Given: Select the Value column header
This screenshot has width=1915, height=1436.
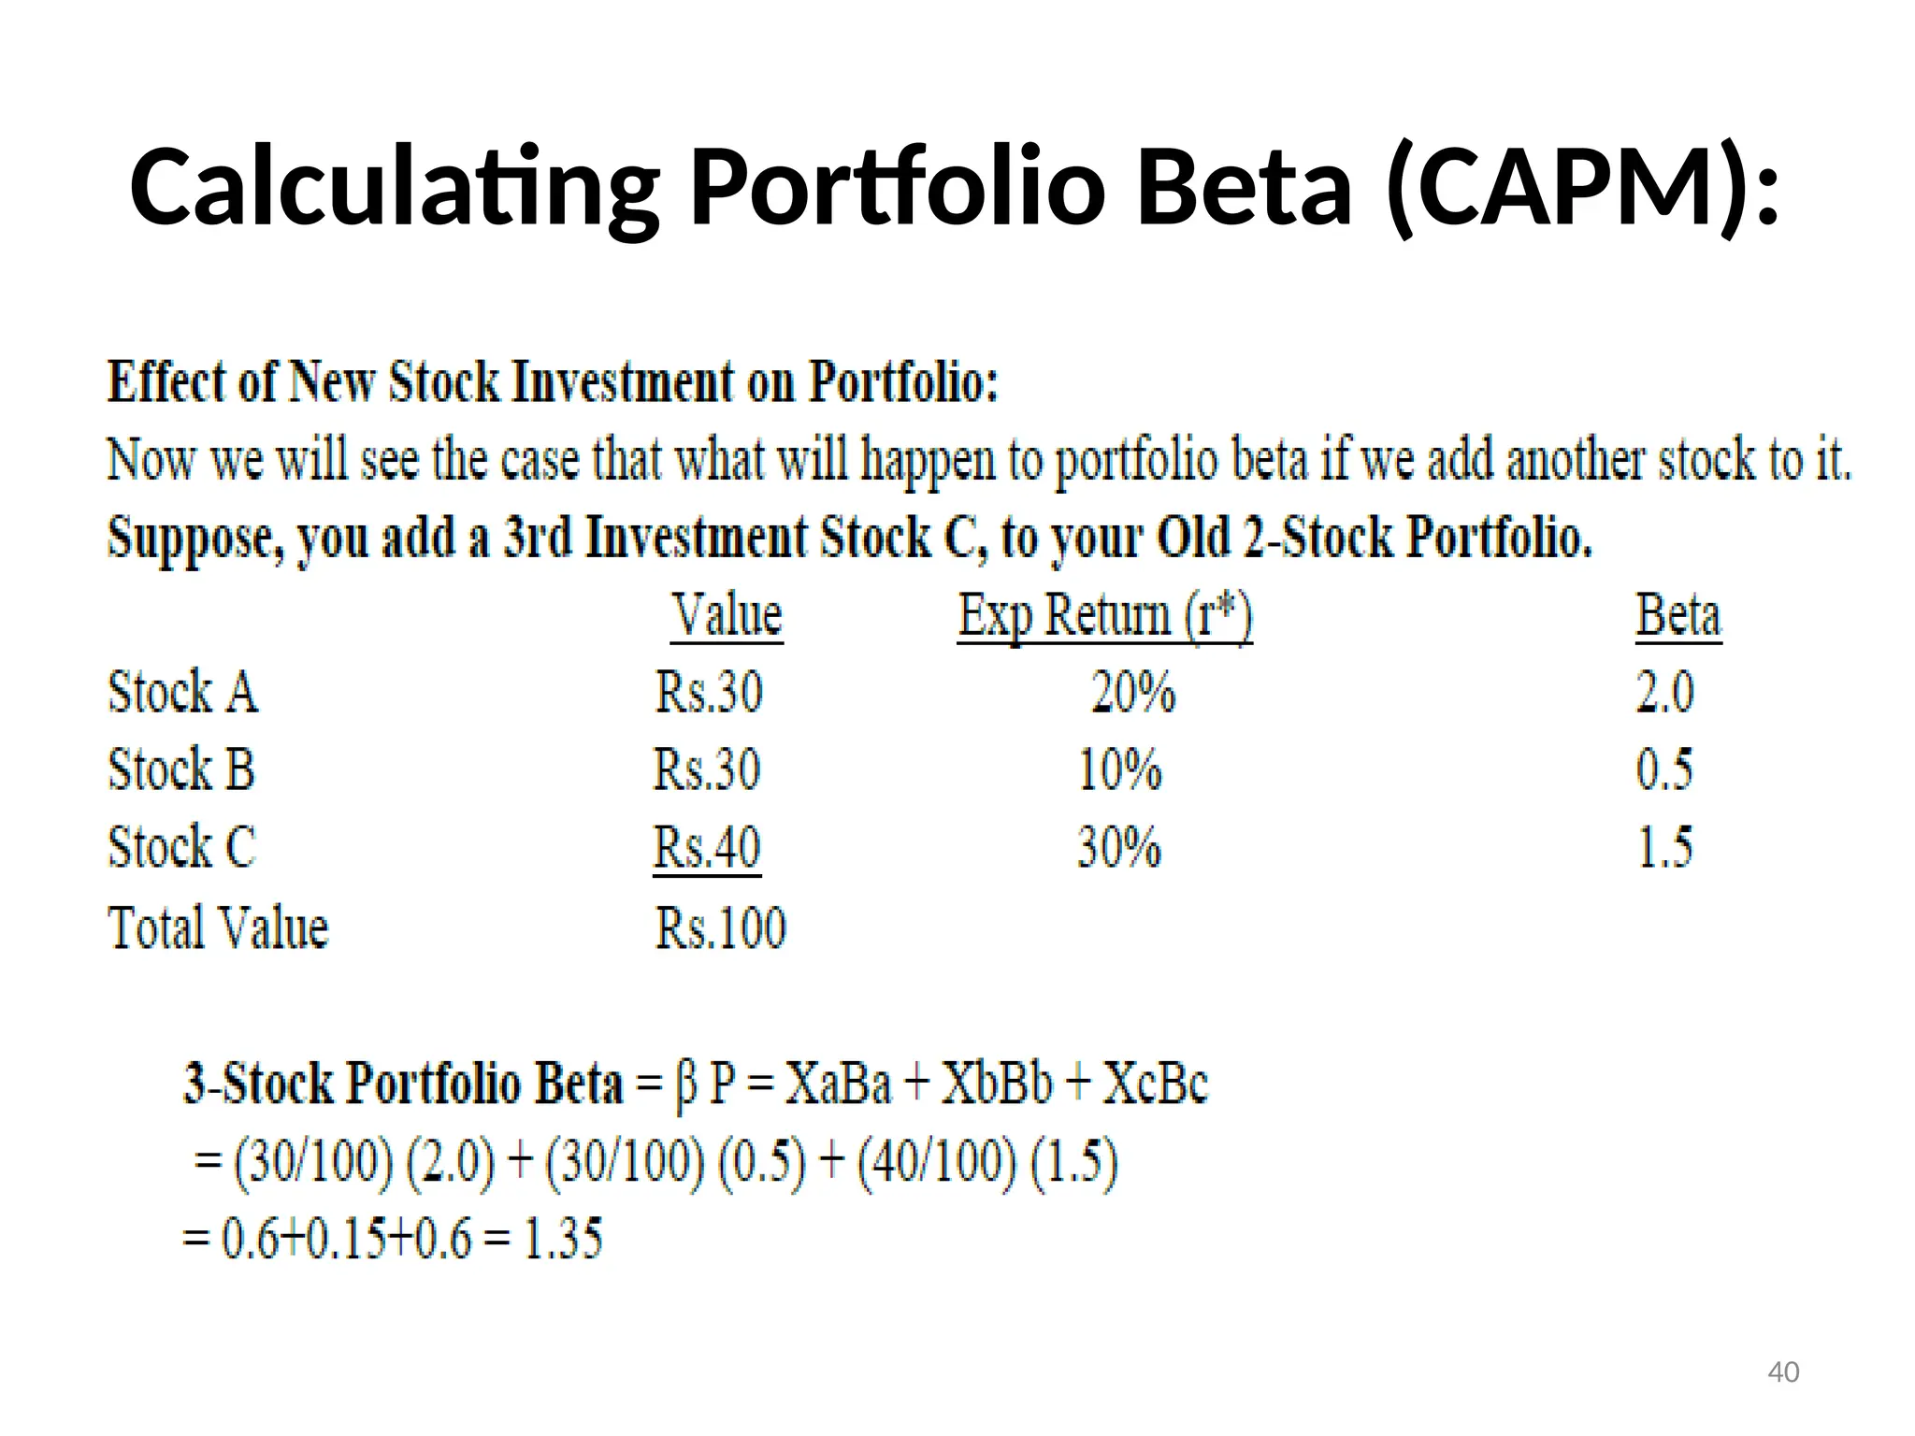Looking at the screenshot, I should [x=727, y=615].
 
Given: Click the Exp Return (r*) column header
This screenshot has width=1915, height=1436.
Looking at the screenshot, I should [x=1104, y=615].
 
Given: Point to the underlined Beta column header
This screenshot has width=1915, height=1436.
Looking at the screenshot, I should [x=1677, y=615].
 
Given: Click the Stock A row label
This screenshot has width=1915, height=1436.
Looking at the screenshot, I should [x=183, y=693].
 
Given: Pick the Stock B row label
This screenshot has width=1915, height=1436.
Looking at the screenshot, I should [x=181, y=770].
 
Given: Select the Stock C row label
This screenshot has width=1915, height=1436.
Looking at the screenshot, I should [x=181, y=848].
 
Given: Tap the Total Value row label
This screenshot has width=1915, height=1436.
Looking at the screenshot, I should [x=219, y=928].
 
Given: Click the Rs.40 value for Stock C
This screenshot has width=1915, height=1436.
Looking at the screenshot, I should [x=707, y=848].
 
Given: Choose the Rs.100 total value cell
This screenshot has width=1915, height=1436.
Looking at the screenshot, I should [x=720, y=928].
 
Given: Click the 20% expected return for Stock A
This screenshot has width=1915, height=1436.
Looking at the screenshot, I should [x=1133, y=693].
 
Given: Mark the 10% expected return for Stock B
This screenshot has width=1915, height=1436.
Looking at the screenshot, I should [x=1119, y=770].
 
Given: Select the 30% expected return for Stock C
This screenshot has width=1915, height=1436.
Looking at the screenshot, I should [x=1119, y=848].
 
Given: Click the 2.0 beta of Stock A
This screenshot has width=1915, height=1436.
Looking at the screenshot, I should [x=1664, y=693].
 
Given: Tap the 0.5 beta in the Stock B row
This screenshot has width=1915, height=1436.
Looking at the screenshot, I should [x=1664, y=770].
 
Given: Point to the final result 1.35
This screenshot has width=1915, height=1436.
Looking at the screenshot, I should [x=563, y=1239].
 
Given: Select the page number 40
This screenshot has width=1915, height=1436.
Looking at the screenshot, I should [x=1783, y=1372].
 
